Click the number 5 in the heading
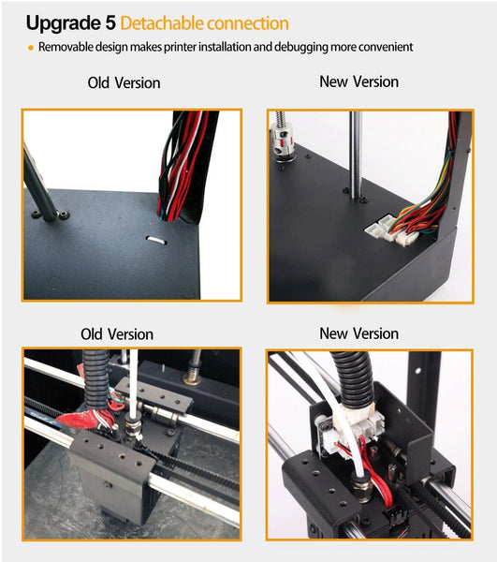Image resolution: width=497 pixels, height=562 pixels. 110,22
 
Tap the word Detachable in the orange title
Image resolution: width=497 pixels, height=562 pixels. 162,23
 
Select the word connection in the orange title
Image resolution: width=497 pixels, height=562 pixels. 248,23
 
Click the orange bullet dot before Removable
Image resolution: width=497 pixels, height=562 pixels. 31,48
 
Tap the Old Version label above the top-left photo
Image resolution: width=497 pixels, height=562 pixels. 124,83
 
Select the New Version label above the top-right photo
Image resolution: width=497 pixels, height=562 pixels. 359,81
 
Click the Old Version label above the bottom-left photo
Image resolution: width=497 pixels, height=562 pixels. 117,334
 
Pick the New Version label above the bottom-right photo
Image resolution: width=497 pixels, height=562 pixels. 359,333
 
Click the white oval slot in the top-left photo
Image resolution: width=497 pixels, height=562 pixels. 156,240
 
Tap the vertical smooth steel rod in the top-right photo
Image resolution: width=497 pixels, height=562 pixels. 355,155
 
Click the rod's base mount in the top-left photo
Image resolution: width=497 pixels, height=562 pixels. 51,214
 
